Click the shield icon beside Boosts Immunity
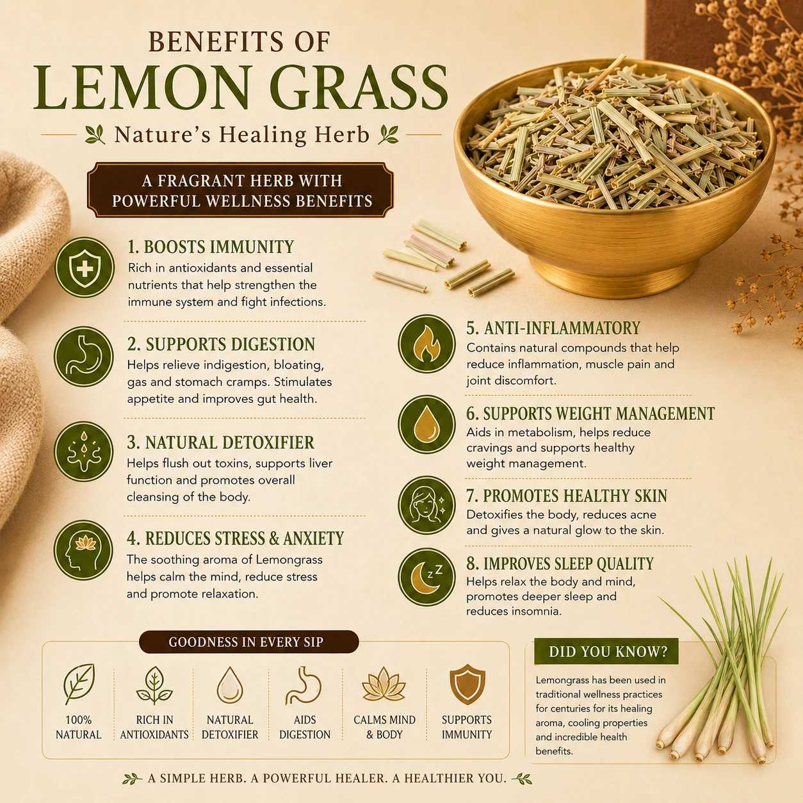[85, 268]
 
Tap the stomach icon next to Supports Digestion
[84, 356]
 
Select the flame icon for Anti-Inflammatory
[426, 343]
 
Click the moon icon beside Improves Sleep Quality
[426, 576]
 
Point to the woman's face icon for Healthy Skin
[426, 505]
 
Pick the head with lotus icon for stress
[84, 550]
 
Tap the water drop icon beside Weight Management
[426, 424]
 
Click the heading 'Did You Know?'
[608, 651]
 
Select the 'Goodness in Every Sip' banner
[248, 642]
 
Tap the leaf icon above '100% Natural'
[79, 685]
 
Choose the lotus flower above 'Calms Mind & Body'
[384, 685]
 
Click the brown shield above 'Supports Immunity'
[467, 684]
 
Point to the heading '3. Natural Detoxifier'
[220, 442]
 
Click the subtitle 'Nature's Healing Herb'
[242, 135]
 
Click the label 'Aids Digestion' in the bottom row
[305, 727]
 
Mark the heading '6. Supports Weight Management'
[590, 414]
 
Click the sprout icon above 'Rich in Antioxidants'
[154, 685]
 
